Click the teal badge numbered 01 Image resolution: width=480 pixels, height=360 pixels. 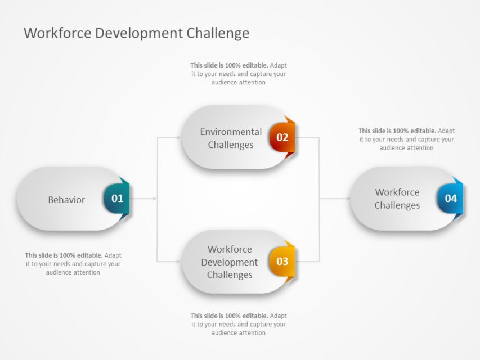point(116,198)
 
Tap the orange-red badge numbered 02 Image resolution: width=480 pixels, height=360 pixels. point(282,137)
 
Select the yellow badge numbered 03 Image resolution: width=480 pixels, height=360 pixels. point(282,261)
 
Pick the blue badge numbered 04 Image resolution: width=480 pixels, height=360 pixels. point(450,198)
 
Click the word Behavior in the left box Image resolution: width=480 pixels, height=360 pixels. point(66,200)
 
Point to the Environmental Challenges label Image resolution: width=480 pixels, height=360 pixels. point(231,138)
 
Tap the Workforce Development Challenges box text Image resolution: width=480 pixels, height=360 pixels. point(230,262)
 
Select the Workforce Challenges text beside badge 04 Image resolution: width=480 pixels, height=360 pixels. point(397,199)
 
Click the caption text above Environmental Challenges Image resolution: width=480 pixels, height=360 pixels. point(239,74)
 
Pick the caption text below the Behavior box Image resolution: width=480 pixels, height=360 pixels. point(73,264)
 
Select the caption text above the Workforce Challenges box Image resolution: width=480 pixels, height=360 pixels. point(406,139)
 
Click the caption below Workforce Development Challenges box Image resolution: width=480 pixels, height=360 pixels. point(239,324)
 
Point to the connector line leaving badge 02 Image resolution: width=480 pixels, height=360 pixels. point(307,137)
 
